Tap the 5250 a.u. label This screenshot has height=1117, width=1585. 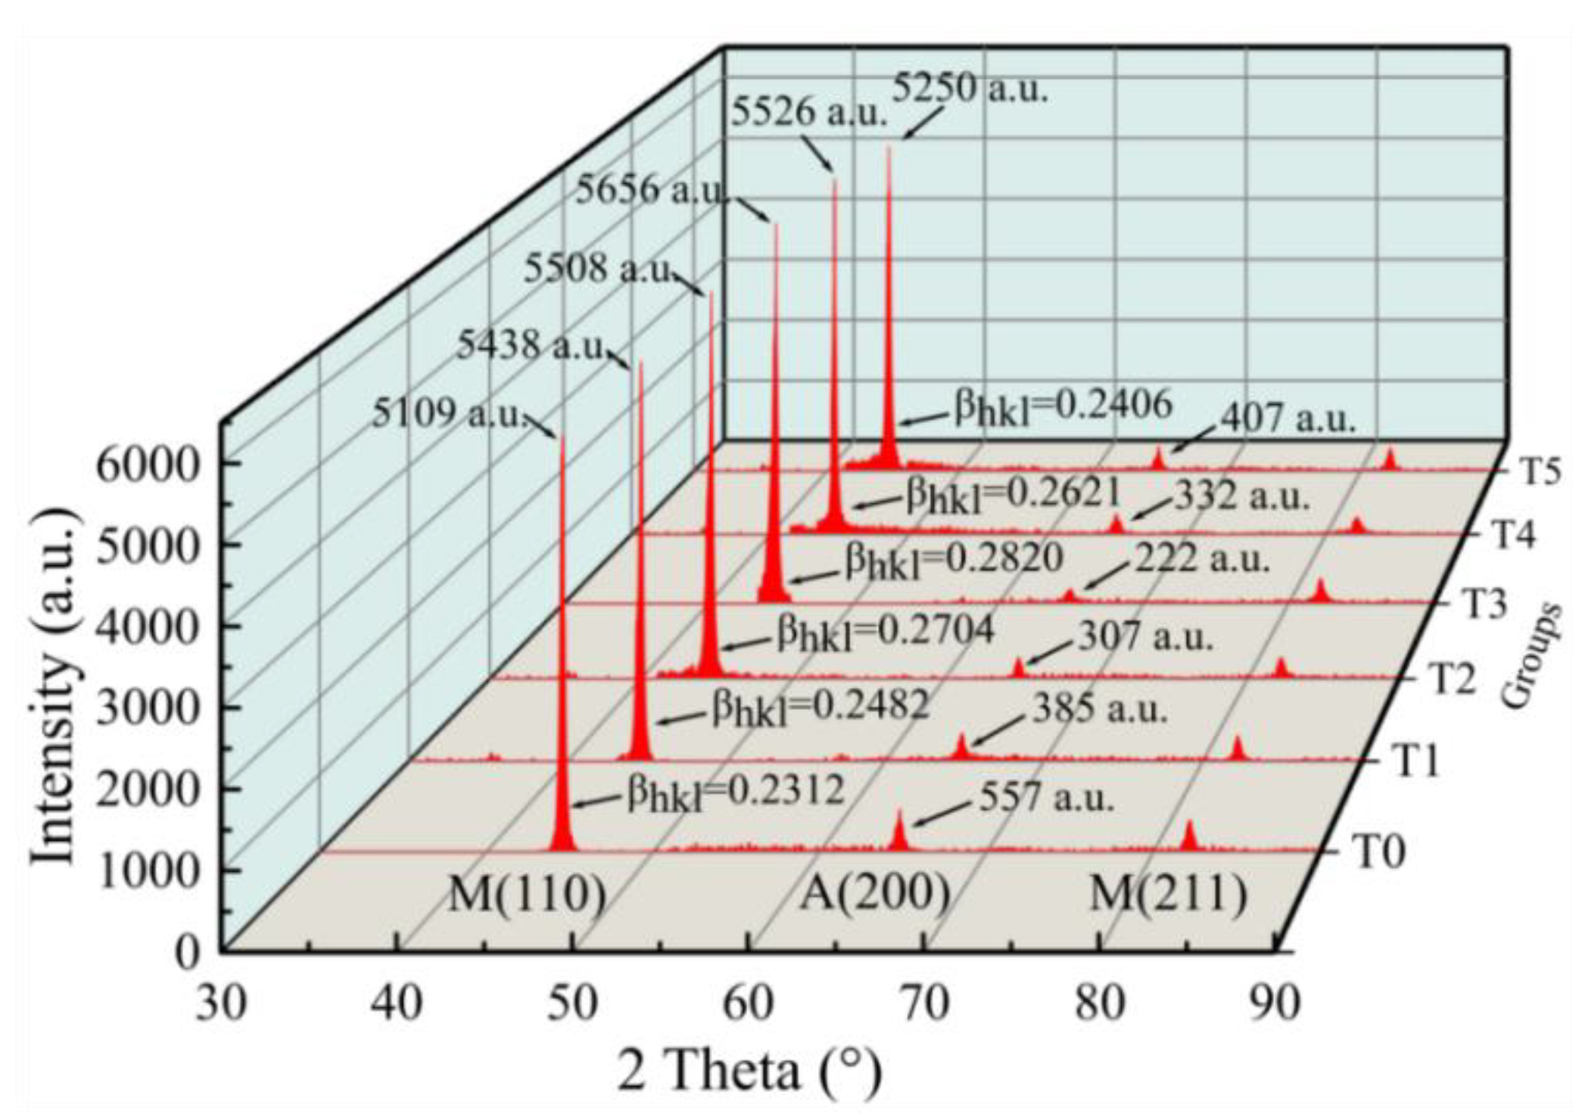click(x=971, y=91)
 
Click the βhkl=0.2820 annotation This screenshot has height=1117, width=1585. click(x=954, y=561)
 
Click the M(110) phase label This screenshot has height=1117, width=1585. click(x=528, y=895)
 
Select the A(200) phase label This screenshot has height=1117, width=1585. click(x=876, y=894)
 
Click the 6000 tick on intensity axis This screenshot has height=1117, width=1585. click(x=147, y=464)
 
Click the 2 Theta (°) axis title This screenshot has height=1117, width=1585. click(x=749, y=1072)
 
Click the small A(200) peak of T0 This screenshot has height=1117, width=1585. click(x=898, y=832)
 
